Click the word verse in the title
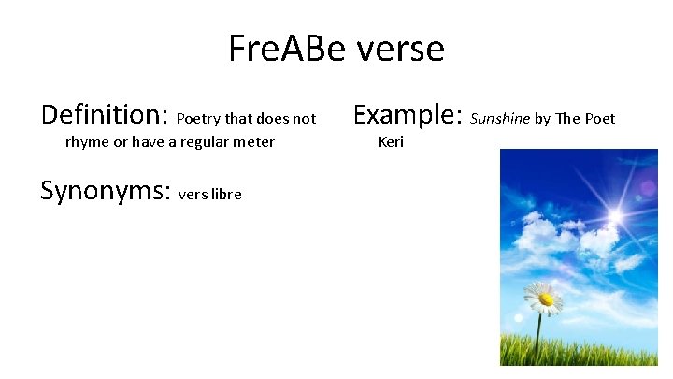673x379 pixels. [400, 49]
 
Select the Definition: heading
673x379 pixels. [104, 116]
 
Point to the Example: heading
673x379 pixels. [408, 116]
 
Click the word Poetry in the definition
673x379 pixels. [198, 119]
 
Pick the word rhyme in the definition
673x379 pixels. [87, 142]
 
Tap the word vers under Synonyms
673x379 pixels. [192, 195]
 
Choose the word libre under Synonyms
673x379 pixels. [226, 194]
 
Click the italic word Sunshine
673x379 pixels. [500, 119]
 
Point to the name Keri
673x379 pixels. [391, 142]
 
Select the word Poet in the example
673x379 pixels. [600, 119]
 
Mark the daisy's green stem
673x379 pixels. [538, 337]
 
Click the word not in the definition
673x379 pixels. [305, 119]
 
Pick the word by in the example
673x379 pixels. [543, 119]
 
